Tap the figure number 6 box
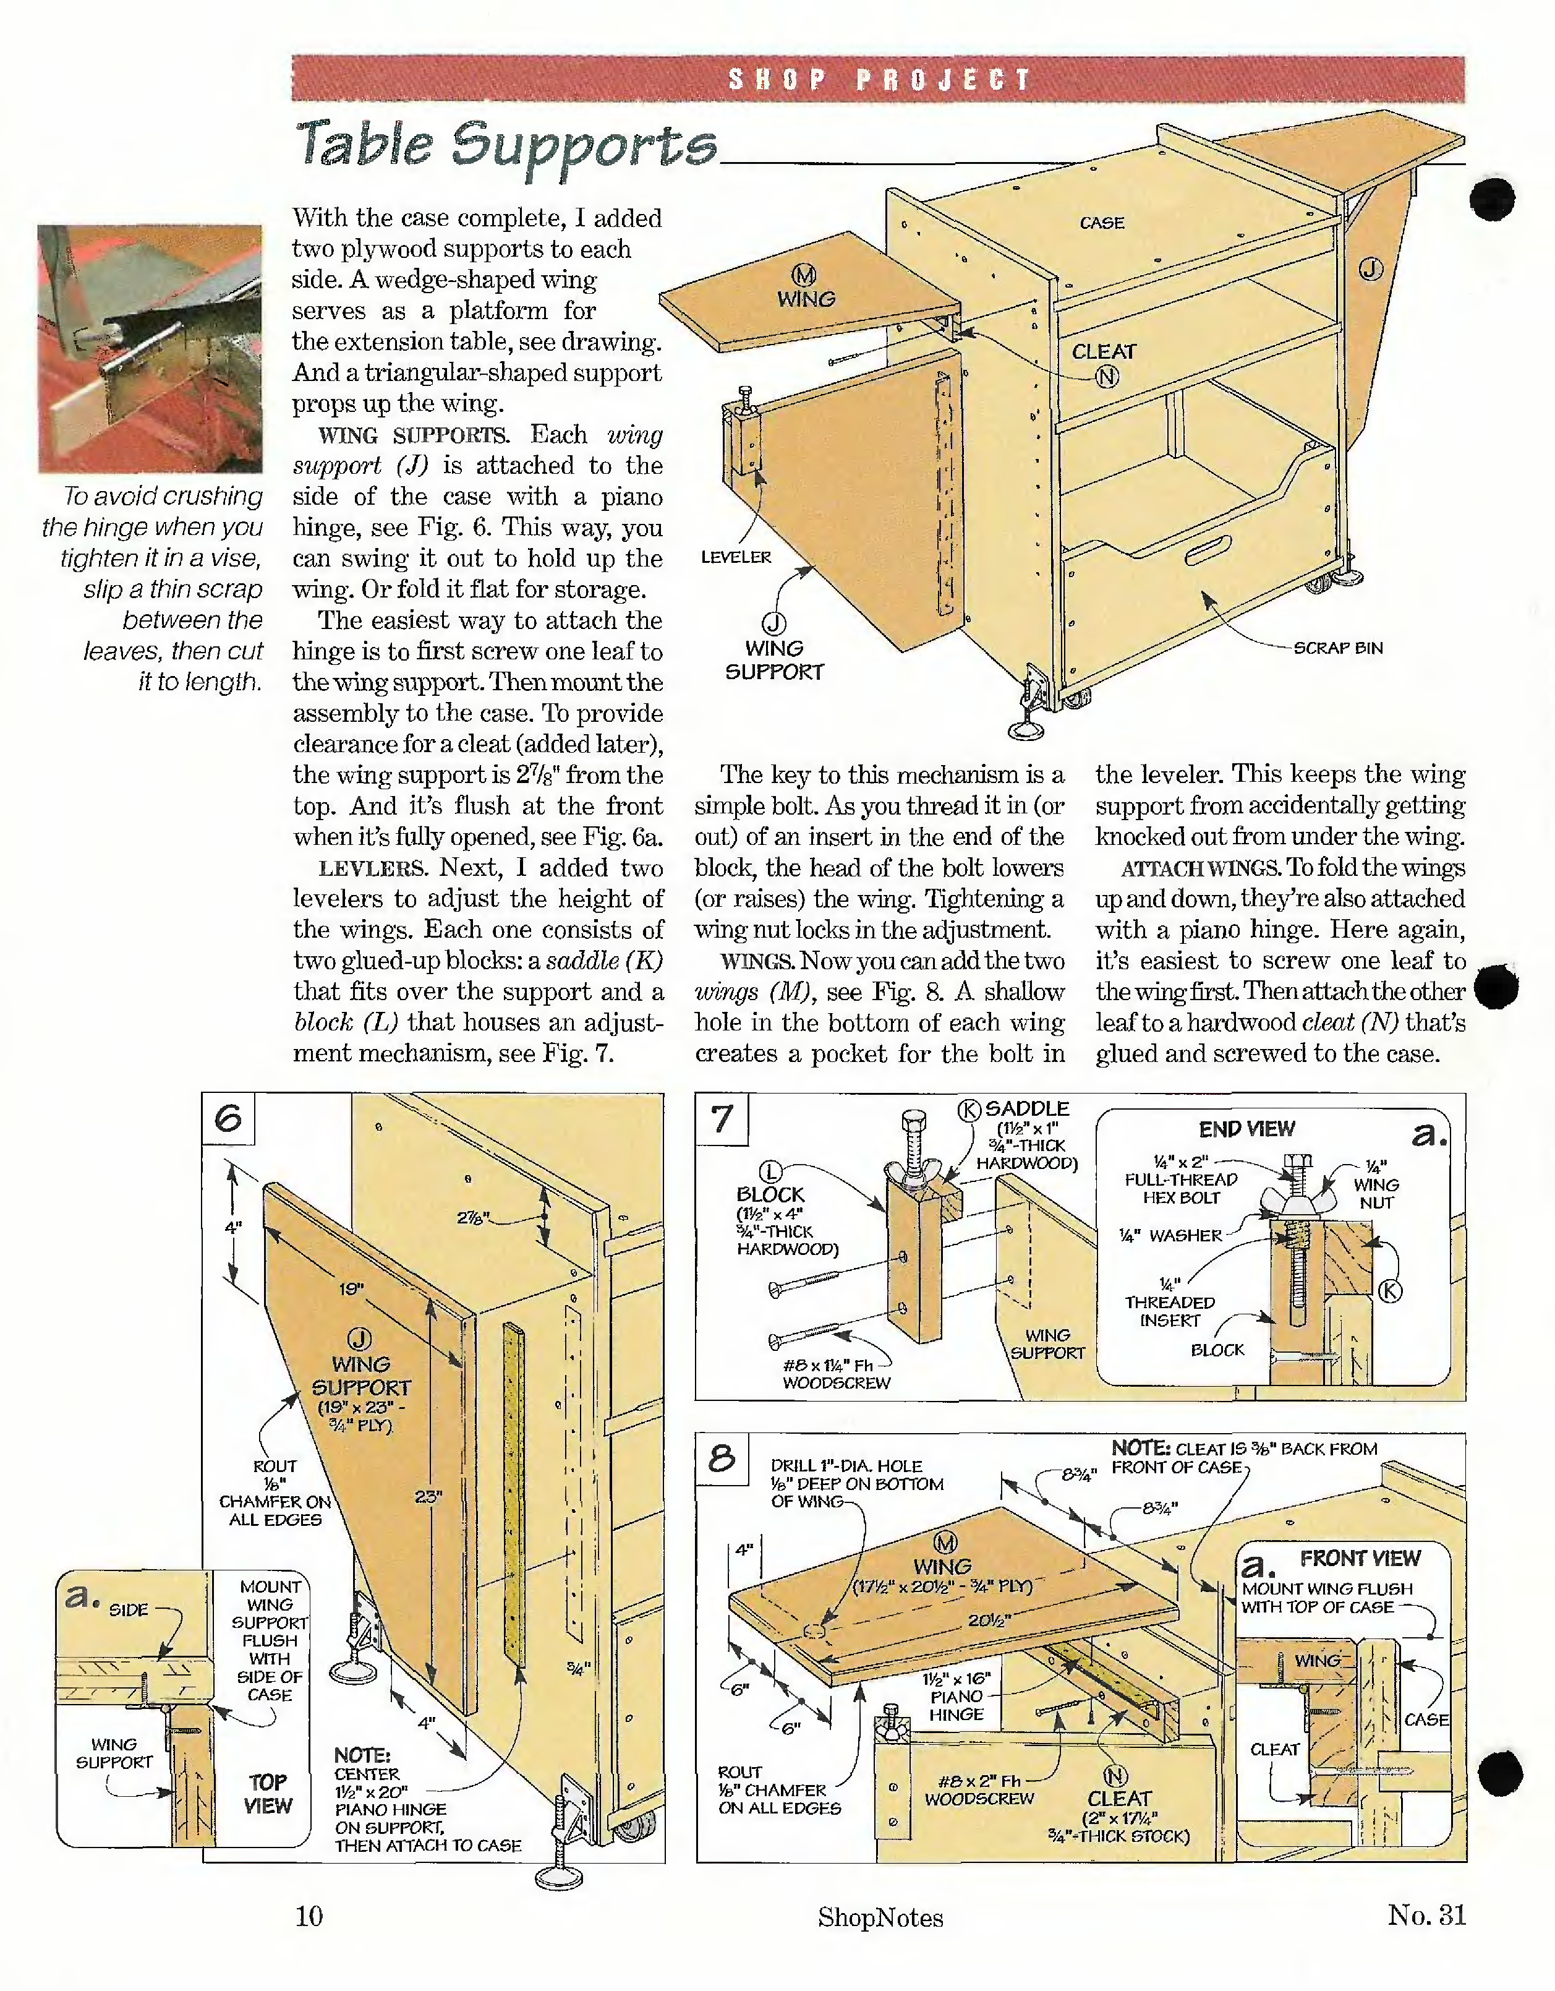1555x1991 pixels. [x=228, y=1118]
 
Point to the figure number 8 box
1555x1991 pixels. [x=722, y=1458]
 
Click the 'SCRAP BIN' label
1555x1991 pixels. [x=1338, y=648]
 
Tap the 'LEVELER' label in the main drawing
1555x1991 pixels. [x=736, y=557]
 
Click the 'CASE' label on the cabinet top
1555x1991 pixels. [x=1102, y=223]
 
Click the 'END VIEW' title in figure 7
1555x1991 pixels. [x=1246, y=1129]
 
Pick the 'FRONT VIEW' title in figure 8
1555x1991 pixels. [x=1360, y=1558]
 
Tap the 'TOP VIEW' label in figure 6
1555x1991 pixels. [x=268, y=1794]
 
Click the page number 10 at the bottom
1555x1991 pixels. [x=309, y=1916]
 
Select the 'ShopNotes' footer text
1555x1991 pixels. [x=880, y=1917]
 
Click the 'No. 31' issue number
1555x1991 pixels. [x=1426, y=1914]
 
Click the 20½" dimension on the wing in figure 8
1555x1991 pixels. [x=989, y=1620]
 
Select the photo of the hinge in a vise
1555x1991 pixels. [x=150, y=349]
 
